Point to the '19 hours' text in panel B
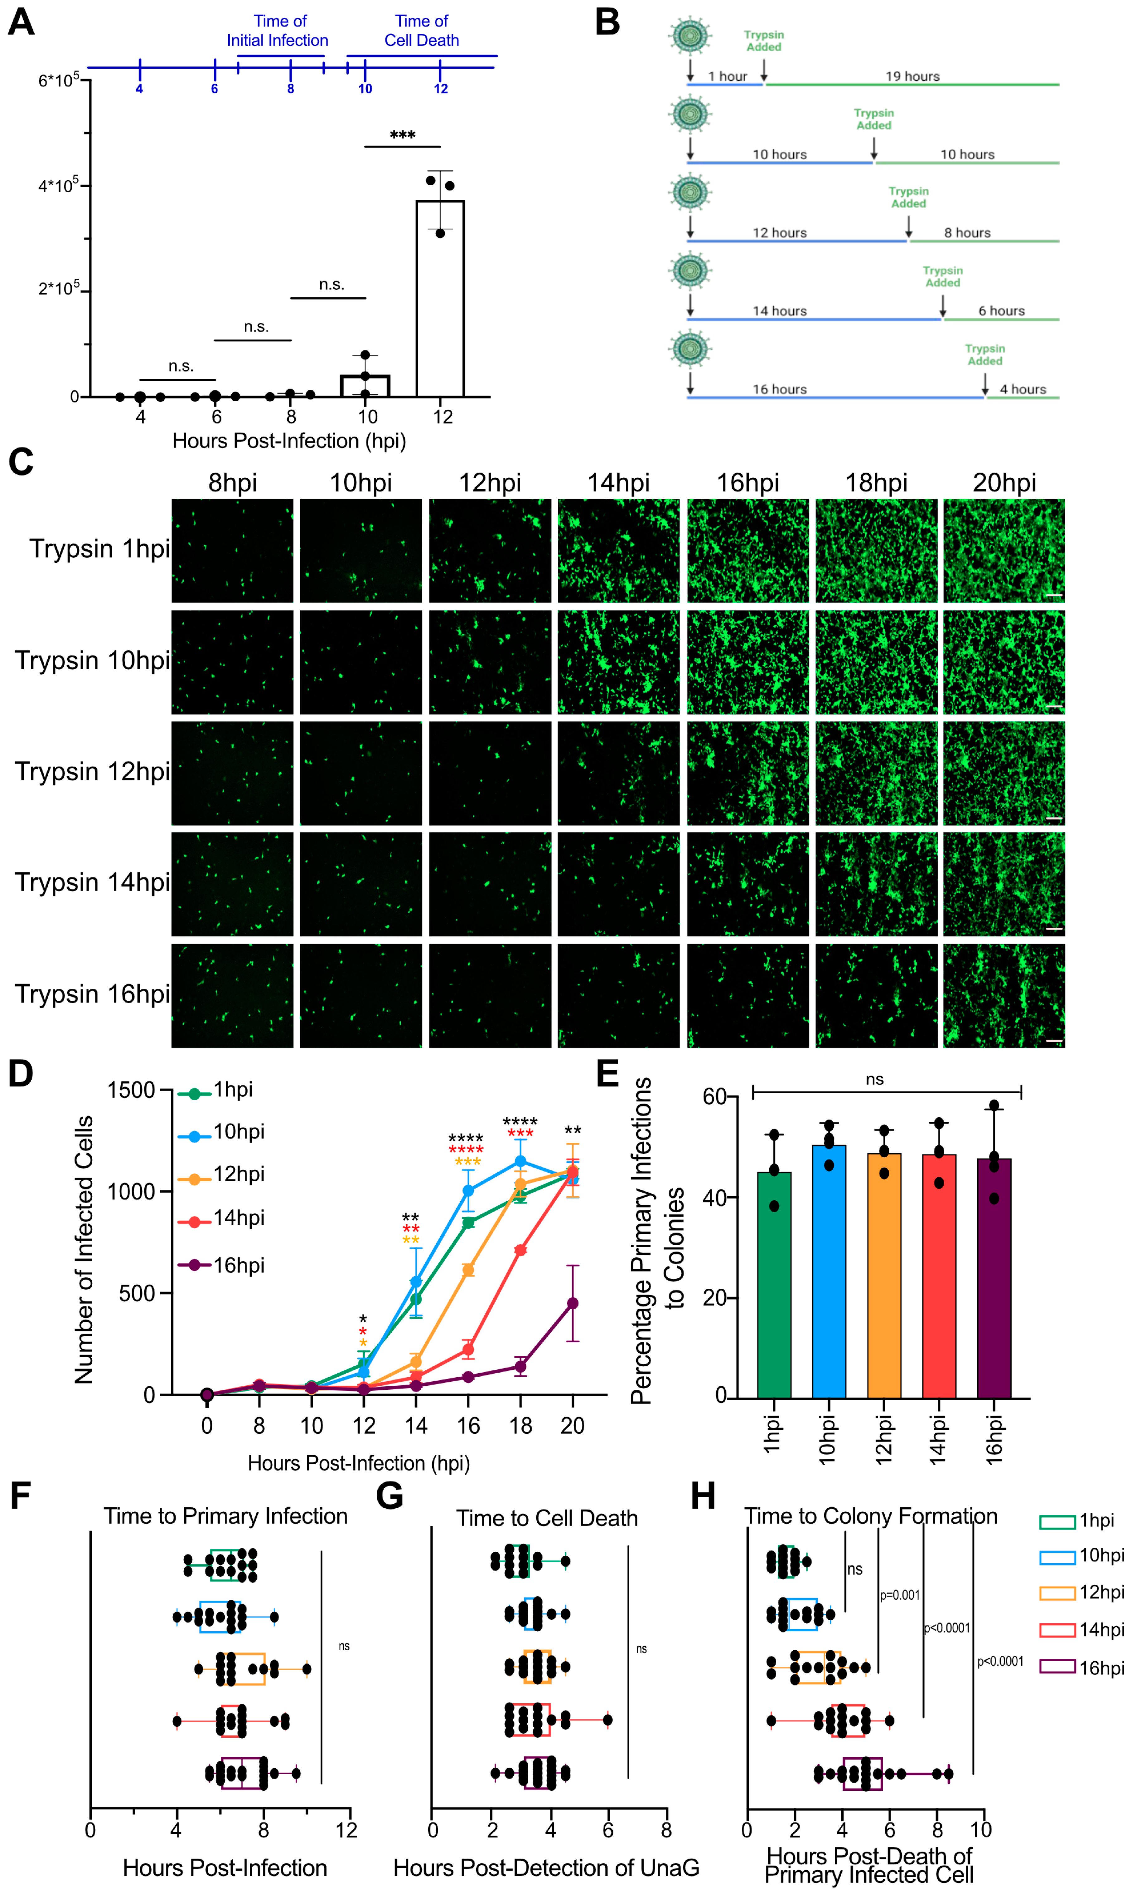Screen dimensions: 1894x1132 point(912,76)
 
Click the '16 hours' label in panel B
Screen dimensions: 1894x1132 point(780,389)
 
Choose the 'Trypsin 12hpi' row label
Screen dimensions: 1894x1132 point(92,772)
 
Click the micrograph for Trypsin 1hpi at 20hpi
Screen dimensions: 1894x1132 point(1004,551)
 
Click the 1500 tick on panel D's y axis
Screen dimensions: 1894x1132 point(131,1090)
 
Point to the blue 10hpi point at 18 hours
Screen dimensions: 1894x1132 point(520,1161)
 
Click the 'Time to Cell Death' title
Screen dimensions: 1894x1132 point(547,1519)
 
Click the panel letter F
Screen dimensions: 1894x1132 point(21,1496)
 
